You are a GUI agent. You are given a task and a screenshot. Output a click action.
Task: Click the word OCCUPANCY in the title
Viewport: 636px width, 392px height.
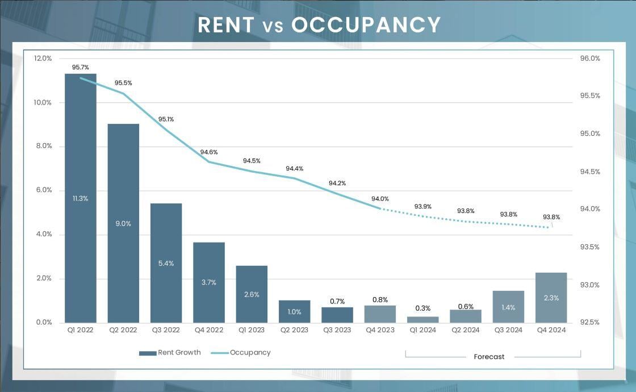(x=366, y=25)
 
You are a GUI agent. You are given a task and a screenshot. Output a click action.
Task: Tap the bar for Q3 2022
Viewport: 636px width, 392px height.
(x=166, y=262)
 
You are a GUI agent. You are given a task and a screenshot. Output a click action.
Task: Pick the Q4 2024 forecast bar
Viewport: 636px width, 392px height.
(x=551, y=297)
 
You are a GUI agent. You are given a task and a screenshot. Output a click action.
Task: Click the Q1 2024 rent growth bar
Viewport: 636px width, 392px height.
(x=422, y=319)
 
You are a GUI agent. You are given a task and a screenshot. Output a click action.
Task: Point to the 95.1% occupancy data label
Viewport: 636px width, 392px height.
(x=166, y=119)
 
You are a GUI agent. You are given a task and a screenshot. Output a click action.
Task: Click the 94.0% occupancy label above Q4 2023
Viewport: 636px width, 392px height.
(x=380, y=199)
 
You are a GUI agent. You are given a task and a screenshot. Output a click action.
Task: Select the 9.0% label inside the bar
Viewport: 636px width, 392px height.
(x=123, y=224)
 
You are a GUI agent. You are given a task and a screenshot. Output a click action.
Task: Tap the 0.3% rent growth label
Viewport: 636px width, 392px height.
(x=422, y=308)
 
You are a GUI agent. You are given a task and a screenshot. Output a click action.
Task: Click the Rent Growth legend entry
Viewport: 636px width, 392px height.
(x=170, y=353)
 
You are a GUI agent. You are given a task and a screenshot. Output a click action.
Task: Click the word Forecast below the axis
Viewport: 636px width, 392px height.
(x=489, y=357)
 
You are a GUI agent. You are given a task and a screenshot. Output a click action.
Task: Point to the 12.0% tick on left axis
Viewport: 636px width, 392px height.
(x=43, y=59)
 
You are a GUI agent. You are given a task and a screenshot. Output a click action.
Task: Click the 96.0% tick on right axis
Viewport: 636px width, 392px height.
(x=590, y=59)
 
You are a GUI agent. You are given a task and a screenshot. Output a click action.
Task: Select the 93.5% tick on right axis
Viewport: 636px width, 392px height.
(x=590, y=247)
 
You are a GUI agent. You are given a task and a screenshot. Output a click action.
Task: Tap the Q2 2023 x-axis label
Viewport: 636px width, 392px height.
(x=294, y=330)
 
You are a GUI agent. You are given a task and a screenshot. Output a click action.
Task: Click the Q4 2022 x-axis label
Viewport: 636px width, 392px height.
(x=208, y=330)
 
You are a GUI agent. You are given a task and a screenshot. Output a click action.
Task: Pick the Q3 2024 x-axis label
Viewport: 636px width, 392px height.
(x=508, y=330)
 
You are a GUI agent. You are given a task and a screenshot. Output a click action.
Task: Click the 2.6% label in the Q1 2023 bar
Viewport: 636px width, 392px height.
(x=252, y=294)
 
